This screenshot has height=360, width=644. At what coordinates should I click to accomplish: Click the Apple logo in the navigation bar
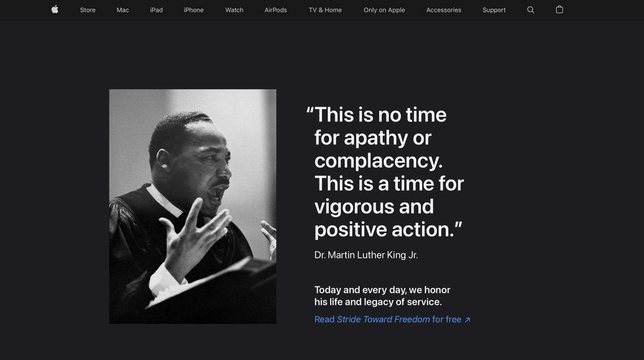pos(55,10)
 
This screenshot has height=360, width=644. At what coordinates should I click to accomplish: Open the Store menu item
pos(88,10)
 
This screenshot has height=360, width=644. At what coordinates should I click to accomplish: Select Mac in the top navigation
pos(123,10)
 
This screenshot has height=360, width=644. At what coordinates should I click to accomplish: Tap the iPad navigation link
pos(157,10)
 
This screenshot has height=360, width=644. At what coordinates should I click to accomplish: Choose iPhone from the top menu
pos(194,10)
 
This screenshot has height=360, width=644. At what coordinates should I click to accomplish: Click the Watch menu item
pos(234,10)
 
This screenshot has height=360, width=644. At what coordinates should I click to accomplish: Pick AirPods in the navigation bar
pos(276,10)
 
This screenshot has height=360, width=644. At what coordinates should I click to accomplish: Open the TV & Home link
pos(325,10)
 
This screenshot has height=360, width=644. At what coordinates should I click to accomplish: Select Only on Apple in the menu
pos(384,10)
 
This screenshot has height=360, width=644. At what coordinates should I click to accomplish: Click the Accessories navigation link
pos(444,10)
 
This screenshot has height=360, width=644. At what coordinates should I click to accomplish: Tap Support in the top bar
pos(494,10)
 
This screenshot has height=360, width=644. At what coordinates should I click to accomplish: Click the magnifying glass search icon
pos(531,10)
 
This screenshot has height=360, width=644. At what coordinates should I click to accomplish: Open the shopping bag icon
pos(559,10)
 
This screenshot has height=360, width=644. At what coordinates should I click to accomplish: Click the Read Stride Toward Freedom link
pos(392,319)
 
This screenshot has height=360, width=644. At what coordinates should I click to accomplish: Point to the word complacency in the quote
pos(378,161)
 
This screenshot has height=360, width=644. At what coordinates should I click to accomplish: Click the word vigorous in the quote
pos(354,207)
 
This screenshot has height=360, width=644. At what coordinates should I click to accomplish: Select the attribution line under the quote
pos(366,255)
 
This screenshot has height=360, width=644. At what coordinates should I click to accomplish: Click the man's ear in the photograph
pos(163,160)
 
